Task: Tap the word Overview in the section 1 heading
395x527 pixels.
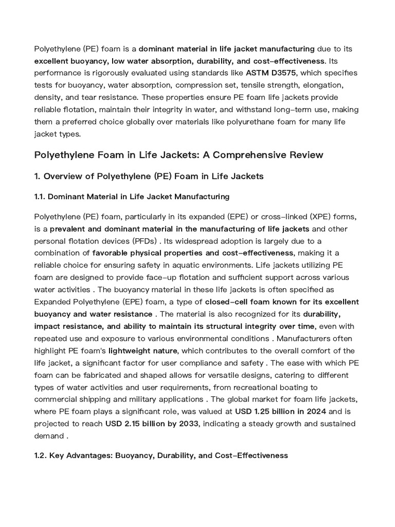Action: pos(62,177)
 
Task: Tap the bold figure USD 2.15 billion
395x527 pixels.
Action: pos(137,424)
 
